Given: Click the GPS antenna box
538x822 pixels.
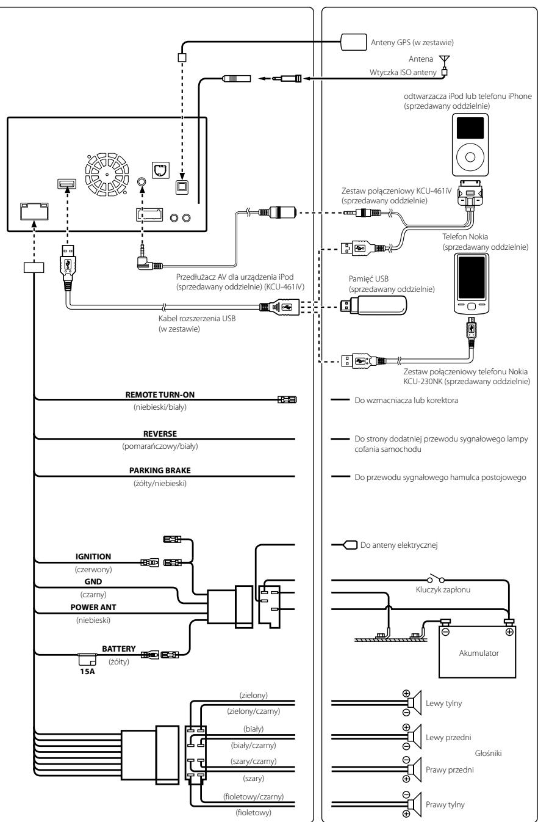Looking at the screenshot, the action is (x=353, y=42).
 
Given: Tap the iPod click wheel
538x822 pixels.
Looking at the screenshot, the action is (x=470, y=157).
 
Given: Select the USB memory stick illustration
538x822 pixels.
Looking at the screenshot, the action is (x=374, y=305).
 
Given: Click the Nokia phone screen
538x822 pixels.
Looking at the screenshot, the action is (x=472, y=277).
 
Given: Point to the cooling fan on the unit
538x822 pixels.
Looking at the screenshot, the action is (x=107, y=175).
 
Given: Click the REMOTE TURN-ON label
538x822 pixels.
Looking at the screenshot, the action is (x=160, y=395).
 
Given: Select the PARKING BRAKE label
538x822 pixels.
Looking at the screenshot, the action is (x=160, y=470).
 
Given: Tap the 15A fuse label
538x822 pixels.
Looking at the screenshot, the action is (x=87, y=671).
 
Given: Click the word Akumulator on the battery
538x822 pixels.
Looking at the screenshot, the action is (x=479, y=653).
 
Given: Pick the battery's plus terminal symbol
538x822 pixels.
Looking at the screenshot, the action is (x=509, y=632).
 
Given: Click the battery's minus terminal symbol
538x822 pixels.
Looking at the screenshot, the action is (x=445, y=632).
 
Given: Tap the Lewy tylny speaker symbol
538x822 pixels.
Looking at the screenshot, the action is (x=415, y=702).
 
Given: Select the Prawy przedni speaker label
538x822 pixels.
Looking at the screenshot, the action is (x=450, y=769).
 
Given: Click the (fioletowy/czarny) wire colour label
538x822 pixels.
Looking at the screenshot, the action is (x=253, y=796).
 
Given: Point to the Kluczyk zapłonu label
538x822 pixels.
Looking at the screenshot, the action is (x=443, y=590).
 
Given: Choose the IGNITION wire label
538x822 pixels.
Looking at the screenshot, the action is (x=93, y=556).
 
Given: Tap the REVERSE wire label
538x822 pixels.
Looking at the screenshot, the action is (x=160, y=434).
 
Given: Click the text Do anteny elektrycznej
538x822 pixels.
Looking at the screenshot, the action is (x=399, y=545).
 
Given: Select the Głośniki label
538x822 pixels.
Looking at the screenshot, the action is (x=488, y=753).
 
